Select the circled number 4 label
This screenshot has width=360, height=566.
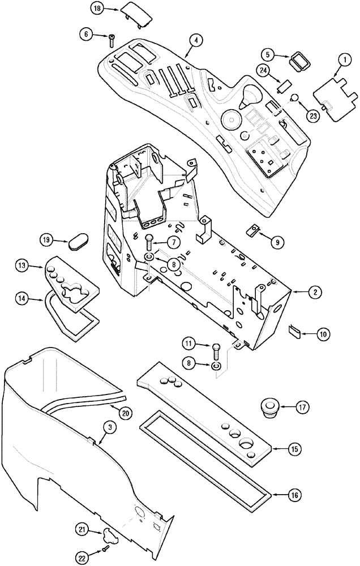click(194, 41)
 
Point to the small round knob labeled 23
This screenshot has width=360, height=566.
click(294, 98)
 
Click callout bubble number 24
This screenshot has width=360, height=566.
click(264, 70)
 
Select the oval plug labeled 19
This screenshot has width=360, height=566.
click(79, 243)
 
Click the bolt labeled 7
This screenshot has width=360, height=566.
click(149, 242)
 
